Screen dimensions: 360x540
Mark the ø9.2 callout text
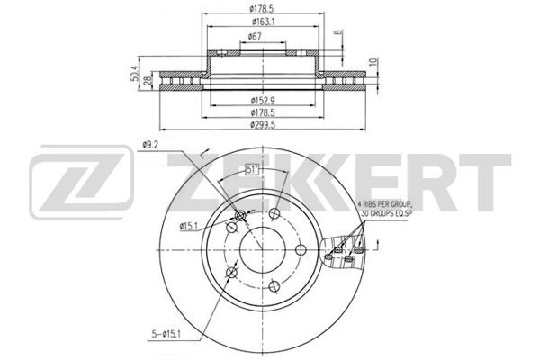(x=150, y=145)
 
